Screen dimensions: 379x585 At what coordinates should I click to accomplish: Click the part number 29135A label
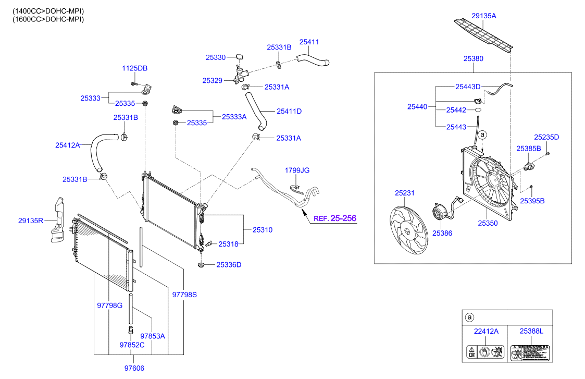483,16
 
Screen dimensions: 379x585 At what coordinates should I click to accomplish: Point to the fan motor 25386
438,214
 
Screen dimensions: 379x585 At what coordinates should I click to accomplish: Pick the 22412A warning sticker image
486,352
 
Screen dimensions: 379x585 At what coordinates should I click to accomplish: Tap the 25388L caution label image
530,352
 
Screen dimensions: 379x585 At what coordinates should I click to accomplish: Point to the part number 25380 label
474,59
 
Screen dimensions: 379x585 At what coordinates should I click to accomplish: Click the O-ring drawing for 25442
477,111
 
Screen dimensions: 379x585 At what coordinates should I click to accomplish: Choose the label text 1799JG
297,170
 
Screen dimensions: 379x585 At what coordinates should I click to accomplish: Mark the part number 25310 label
263,229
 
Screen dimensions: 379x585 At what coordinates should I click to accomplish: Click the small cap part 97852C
130,329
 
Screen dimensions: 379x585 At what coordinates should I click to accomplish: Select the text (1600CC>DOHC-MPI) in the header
48,19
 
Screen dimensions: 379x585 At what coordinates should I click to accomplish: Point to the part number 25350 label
488,223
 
